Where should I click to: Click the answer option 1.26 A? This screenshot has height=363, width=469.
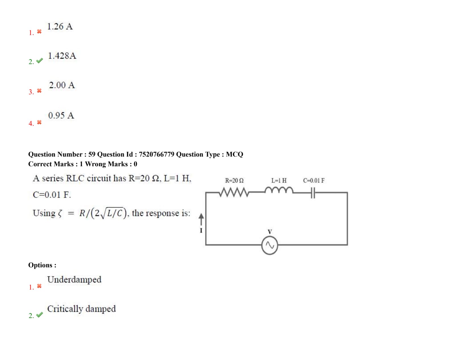pos(60,26)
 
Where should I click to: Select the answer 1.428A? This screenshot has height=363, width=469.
pos(62,56)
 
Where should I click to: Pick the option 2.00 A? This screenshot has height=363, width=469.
pos(62,85)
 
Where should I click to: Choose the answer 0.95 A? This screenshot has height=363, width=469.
pos(61,116)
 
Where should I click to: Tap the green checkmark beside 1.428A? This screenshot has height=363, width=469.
pos(40,61)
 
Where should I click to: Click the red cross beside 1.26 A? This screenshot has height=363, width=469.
pos(39,32)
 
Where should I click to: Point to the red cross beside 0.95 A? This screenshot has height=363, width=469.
pos(39,122)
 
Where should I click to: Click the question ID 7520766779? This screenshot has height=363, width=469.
pos(157,154)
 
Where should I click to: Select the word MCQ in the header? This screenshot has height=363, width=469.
pos(234,154)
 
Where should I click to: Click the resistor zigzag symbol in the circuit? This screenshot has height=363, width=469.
pos(234,192)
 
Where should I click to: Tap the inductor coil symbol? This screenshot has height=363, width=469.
pos(279,190)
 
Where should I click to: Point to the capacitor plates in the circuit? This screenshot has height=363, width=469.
pos(313,193)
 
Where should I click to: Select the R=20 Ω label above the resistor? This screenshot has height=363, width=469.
pos(234,181)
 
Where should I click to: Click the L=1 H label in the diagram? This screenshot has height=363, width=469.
pos(279,181)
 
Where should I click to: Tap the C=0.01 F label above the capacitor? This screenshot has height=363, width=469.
pos(314,181)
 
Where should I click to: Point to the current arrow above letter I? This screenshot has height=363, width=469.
pos(201,219)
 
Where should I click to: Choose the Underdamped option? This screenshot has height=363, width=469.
pos(74,280)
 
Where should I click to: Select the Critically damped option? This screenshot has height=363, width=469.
pos(81,309)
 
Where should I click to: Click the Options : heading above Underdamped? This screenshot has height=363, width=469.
pos(42,265)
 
